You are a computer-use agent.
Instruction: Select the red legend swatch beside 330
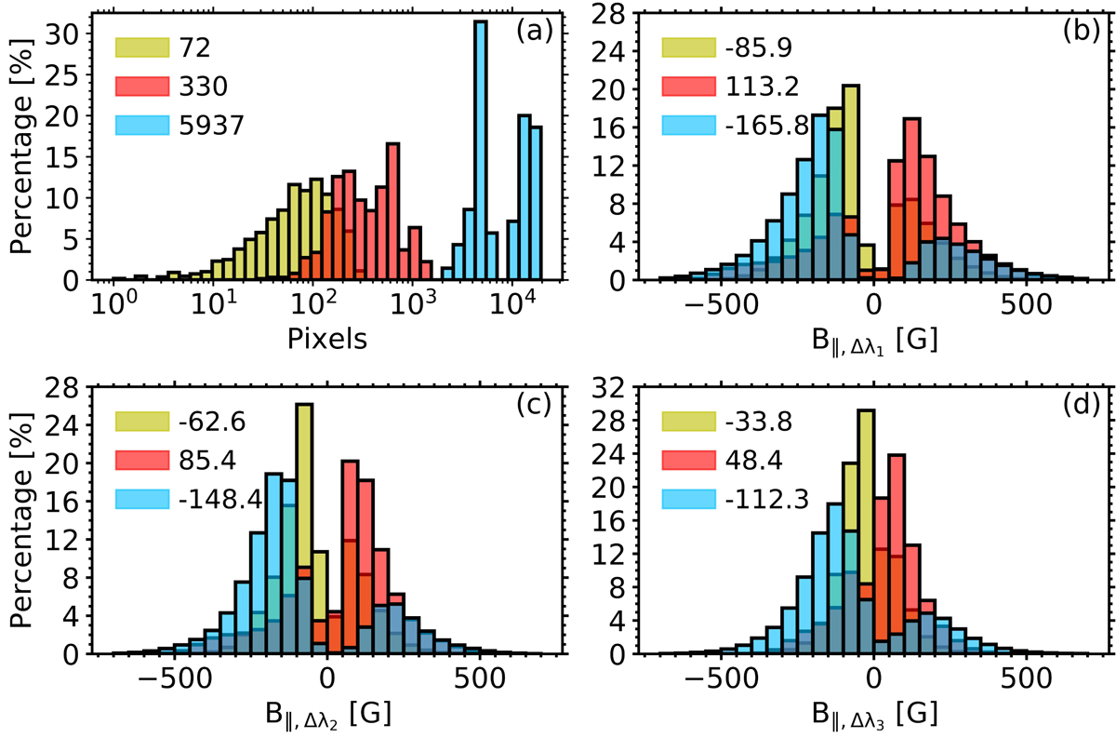142,87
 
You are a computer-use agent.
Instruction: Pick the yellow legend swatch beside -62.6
142,423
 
